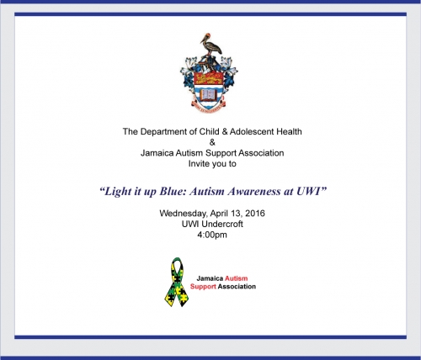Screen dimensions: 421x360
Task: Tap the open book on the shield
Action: tap(209, 95)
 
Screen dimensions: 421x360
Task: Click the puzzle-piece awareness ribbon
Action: tap(177, 282)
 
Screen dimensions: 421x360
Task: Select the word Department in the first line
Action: tap(167, 131)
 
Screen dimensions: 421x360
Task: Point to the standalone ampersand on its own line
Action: tap(212, 142)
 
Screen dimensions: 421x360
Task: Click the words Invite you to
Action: tap(212, 164)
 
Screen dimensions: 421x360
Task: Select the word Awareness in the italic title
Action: tap(254, 191)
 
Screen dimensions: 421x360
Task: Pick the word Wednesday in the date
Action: tap(184, 214)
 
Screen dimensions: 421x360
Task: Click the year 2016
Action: tap(255, 214)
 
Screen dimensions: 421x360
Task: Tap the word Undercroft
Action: tap(222, 224)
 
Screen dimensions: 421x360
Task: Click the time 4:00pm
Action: tap(212, 235)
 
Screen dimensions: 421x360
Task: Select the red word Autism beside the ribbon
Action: tap(237, 278)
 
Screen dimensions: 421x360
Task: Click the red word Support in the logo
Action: tap(203, 287)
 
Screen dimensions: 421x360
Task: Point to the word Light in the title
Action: tap(118, 192)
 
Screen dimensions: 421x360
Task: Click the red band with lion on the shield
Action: tap(208, 78)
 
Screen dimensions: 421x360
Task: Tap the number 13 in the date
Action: tap(236, 214)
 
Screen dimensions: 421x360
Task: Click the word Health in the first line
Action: tap(289, 131)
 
